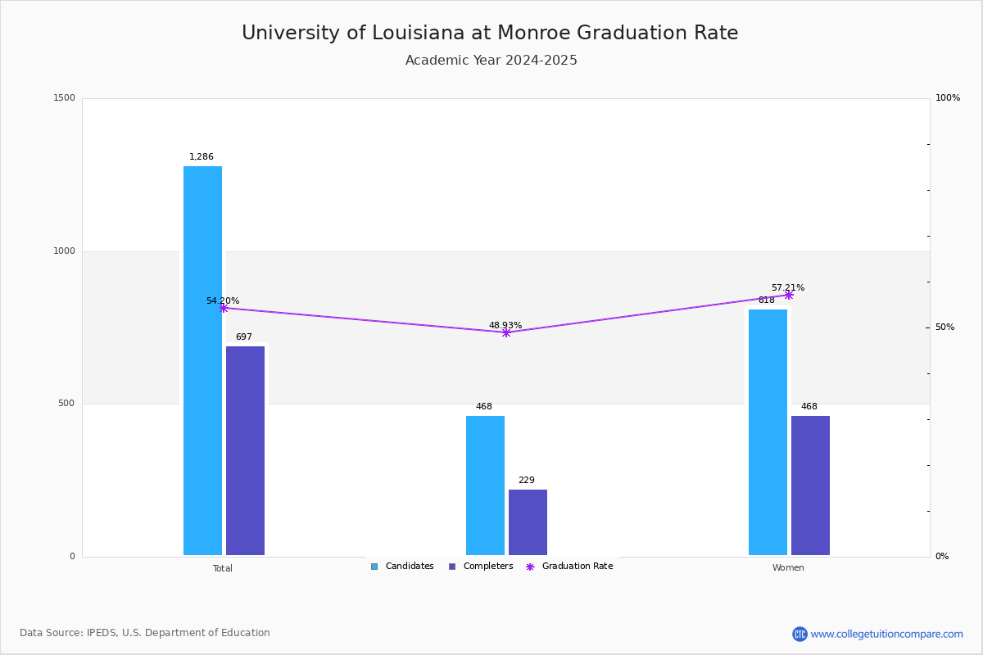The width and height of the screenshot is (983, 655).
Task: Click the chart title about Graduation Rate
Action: point(490,33)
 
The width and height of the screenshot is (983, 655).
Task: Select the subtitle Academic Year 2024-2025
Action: point(491,60)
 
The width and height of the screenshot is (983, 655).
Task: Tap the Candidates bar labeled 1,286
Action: point(203,360)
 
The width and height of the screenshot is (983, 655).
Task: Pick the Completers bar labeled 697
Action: point(245,450)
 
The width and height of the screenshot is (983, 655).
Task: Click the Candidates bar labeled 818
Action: point(768,432)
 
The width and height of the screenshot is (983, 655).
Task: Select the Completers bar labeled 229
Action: point(528,522)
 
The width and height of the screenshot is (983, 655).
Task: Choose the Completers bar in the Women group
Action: point(810,486)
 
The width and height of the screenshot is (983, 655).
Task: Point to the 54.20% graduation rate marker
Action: point(224,309)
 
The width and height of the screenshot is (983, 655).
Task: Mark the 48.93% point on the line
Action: point(506,333)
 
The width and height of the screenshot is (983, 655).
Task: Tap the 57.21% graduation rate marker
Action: point(789,296)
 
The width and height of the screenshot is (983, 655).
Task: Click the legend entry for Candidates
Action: point(402,567)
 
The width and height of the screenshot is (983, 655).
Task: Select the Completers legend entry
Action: point(481,567)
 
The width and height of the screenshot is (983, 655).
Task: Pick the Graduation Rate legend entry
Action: point(569,567)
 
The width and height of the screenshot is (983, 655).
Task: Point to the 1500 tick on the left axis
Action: point(64,97)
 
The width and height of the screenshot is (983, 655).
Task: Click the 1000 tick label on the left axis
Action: point(64,251)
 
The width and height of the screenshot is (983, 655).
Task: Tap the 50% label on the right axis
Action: point(944,327)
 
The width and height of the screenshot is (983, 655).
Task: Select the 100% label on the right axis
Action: point(948,97)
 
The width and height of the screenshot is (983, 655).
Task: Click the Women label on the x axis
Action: point(788,567)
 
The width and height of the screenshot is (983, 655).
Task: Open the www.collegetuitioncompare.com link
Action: point(886,634)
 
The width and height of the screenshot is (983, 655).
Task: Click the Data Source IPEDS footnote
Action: point(145,633)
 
